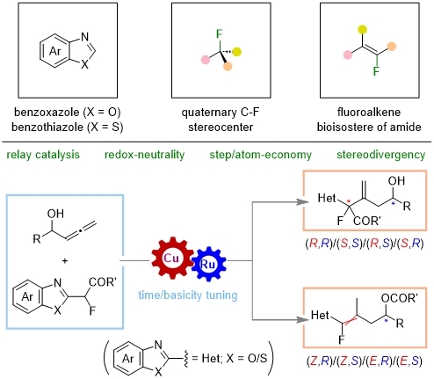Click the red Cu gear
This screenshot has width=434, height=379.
tap(172, 259)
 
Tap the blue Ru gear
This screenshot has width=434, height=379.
tap(208, 264)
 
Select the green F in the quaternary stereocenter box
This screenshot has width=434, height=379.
tap(219, 34)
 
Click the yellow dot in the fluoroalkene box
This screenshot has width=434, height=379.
tap(362, 29)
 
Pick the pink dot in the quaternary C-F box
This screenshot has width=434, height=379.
tap(206, 60)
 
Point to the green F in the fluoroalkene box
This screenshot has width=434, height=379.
tap(376, 70)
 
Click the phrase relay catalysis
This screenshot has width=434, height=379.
tap(43, 155)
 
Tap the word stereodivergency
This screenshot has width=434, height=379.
tap(380, 155)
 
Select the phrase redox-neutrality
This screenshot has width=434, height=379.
tap(144, 155)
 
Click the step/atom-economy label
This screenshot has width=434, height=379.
tap(260, 155)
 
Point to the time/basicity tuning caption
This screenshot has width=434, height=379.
tap(188, 295)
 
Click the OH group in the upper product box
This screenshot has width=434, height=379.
tap(396, 181)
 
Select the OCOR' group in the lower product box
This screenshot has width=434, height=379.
tap(400, 298)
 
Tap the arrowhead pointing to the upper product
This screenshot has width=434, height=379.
tap(303, 202)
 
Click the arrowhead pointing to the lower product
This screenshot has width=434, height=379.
tap(303, 319)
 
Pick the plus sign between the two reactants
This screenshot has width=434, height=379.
tap(65, 260)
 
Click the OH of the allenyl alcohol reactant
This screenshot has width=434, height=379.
tap(55, 214)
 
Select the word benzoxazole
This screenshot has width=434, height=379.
tap(47, 113)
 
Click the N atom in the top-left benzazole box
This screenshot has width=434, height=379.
tap(84, 37)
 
